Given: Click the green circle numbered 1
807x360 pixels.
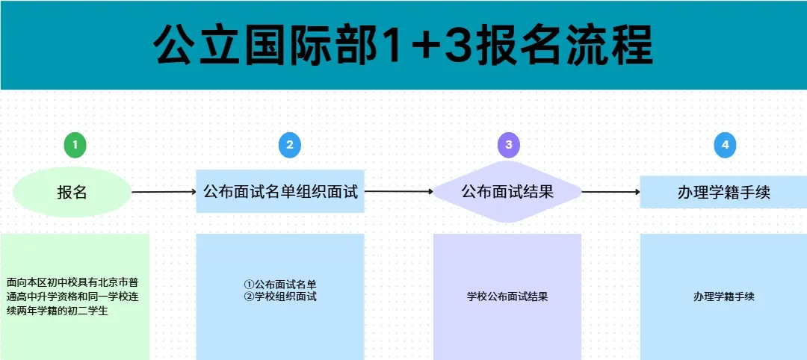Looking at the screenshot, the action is click(75, 145).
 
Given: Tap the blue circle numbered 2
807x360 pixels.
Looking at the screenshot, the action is click(290, 145).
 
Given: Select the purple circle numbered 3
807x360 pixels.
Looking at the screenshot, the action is click(509, 145).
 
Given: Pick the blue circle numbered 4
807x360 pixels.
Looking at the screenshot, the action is click(725, 145).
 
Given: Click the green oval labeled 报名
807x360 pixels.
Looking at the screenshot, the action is click(72, 192).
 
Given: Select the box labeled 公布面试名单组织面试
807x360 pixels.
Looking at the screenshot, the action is click(280, 191).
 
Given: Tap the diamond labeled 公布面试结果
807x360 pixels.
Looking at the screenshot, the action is click(507, 192).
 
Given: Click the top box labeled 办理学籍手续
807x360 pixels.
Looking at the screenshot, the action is click(723, 192).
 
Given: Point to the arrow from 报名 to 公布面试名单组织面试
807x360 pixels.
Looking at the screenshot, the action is click(164, 192).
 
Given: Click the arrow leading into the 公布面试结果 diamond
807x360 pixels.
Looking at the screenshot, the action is click(399, 191).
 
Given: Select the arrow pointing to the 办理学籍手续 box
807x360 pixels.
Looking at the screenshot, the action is click(611, 192).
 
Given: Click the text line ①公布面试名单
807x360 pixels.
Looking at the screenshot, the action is click(280, 285).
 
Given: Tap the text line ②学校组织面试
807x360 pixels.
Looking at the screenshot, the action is click(280, 297).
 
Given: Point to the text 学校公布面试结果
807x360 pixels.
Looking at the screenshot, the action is click(507, 297).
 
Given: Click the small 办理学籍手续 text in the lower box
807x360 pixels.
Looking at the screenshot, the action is click(723, 297).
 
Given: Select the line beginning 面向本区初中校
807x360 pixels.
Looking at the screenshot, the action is click(72, 283).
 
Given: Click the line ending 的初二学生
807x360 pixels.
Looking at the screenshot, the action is click(58, 311).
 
